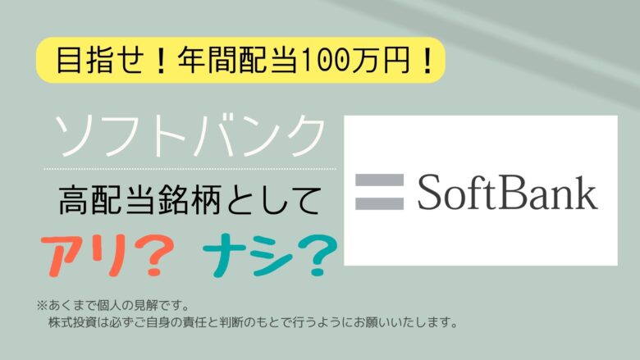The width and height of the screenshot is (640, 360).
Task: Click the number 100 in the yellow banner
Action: click(324, 61)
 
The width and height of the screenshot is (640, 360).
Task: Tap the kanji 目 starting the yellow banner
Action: click(68, 61)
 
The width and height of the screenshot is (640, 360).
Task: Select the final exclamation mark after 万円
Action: click(427, 61)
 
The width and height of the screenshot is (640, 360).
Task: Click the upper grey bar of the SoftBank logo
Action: click(379, 180)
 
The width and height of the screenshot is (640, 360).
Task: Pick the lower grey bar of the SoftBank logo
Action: click(379, 203)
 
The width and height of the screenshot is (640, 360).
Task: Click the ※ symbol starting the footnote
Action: click(42, 305)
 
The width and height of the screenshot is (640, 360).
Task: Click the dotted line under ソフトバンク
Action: click(190, 169)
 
